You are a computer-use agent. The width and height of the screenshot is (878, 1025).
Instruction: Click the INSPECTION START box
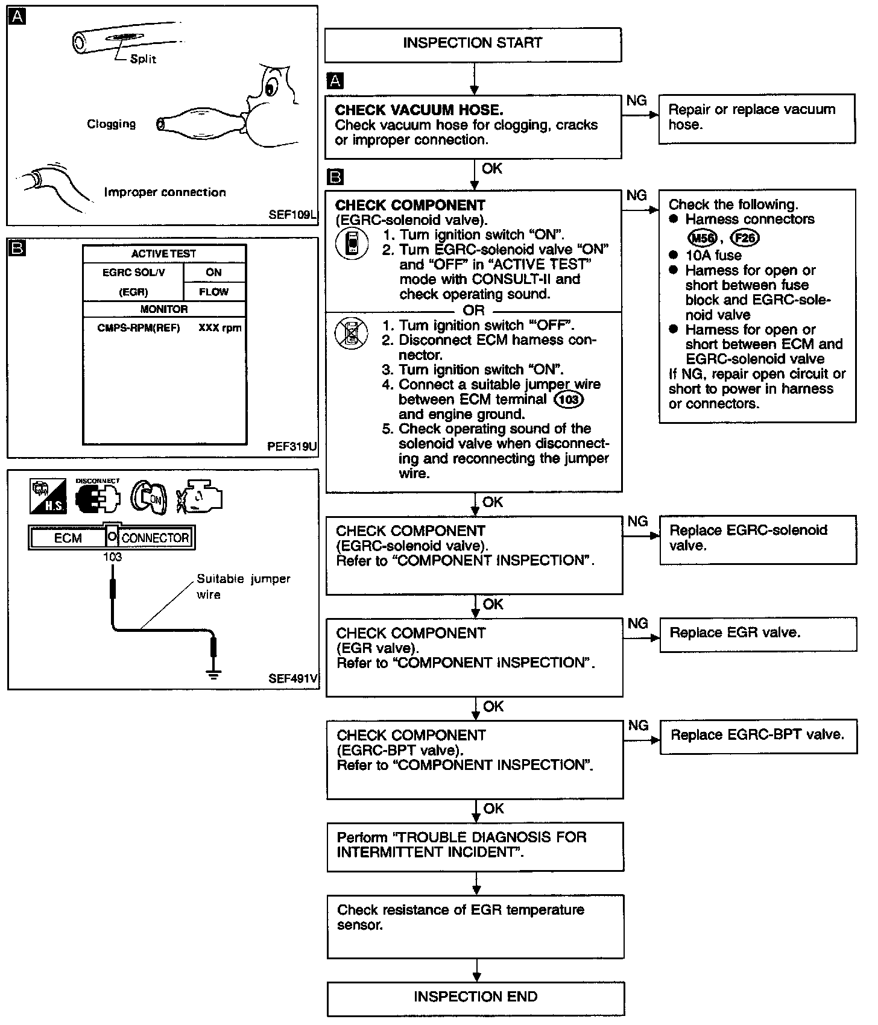click(x=473, y=44)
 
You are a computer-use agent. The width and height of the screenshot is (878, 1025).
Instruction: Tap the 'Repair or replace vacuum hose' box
click(x=756, y=118)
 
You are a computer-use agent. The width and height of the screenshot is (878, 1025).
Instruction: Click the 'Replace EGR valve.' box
click(x=758, y=634)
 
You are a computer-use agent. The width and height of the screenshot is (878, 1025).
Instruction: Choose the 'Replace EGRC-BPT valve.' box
click(x=758, y=736)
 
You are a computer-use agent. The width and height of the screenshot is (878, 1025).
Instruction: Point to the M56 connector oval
click(x=701, y=238)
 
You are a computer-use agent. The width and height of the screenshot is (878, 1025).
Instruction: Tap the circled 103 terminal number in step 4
click(x=569, y=399)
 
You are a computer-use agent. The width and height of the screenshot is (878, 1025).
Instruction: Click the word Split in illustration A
click(x=143, y=59)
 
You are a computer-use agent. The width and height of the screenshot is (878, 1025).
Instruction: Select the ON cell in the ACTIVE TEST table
click(x=213, y=273)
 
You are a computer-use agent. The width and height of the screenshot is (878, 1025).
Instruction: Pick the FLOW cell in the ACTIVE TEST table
click(x=213, y=292)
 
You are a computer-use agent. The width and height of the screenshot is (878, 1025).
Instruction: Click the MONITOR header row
click(x=164, y=309)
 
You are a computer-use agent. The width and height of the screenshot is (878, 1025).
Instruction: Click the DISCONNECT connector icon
click(x=97, y=498)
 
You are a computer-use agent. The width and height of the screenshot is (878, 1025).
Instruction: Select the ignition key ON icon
click(x=147, y=497)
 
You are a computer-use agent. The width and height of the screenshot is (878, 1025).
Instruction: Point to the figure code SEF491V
click(x=292, y=679)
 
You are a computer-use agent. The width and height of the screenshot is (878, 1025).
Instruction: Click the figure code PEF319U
click(x=292, y=447)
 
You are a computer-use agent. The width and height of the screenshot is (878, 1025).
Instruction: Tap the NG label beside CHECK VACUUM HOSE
click(x=637, y=101)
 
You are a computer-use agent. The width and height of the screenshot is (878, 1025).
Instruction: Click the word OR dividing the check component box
click(x=473, y=311)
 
